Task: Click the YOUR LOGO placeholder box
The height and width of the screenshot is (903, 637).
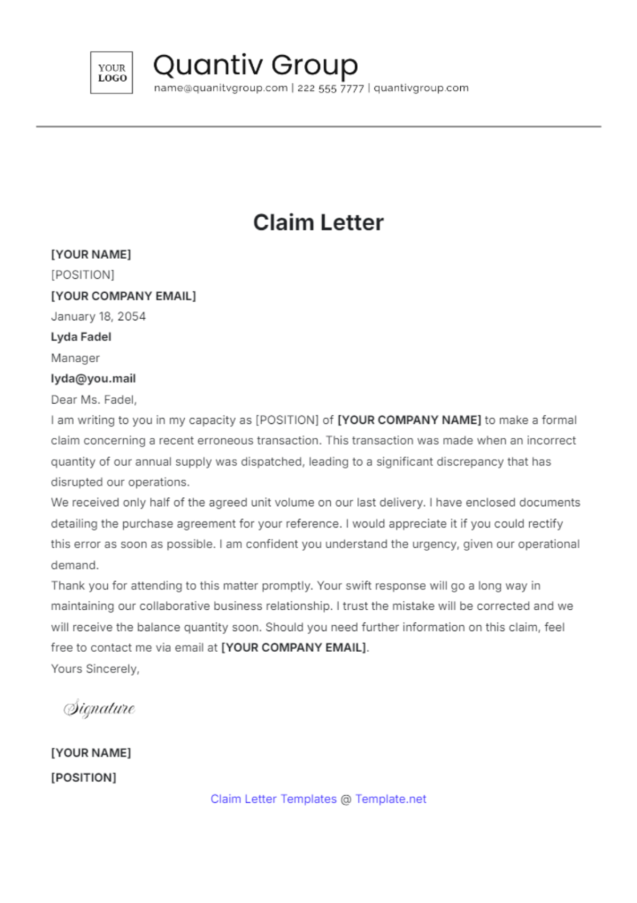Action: (111, 73)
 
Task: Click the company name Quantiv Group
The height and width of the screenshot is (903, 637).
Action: (255, 65)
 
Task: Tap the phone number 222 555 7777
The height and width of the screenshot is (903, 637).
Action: (330, 88)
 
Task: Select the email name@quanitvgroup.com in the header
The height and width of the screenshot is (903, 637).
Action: (221, 88)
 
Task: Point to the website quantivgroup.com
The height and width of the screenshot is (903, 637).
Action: (421, 88)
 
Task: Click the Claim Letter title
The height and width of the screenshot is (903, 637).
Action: (318, 223)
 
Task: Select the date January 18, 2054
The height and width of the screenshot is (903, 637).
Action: (98, 317)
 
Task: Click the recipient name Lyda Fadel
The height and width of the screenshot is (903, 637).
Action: (81, 337)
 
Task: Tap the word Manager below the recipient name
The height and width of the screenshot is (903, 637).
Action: (75, 358)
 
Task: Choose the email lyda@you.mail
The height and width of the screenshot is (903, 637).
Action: (93, 379)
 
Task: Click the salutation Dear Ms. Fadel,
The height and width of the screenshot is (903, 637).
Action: (94, 399)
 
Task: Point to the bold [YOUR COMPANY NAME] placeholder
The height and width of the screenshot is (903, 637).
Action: (409, 420)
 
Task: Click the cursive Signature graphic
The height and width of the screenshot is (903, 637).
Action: (99, 709)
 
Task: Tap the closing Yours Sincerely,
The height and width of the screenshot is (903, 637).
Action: (95, 669)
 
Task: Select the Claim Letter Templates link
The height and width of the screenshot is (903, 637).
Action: (273, 799)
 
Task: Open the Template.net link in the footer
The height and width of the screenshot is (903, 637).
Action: (391, 799)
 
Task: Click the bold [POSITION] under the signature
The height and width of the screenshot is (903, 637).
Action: (83, 778)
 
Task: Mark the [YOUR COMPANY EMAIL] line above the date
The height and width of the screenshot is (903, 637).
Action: (123, 296)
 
